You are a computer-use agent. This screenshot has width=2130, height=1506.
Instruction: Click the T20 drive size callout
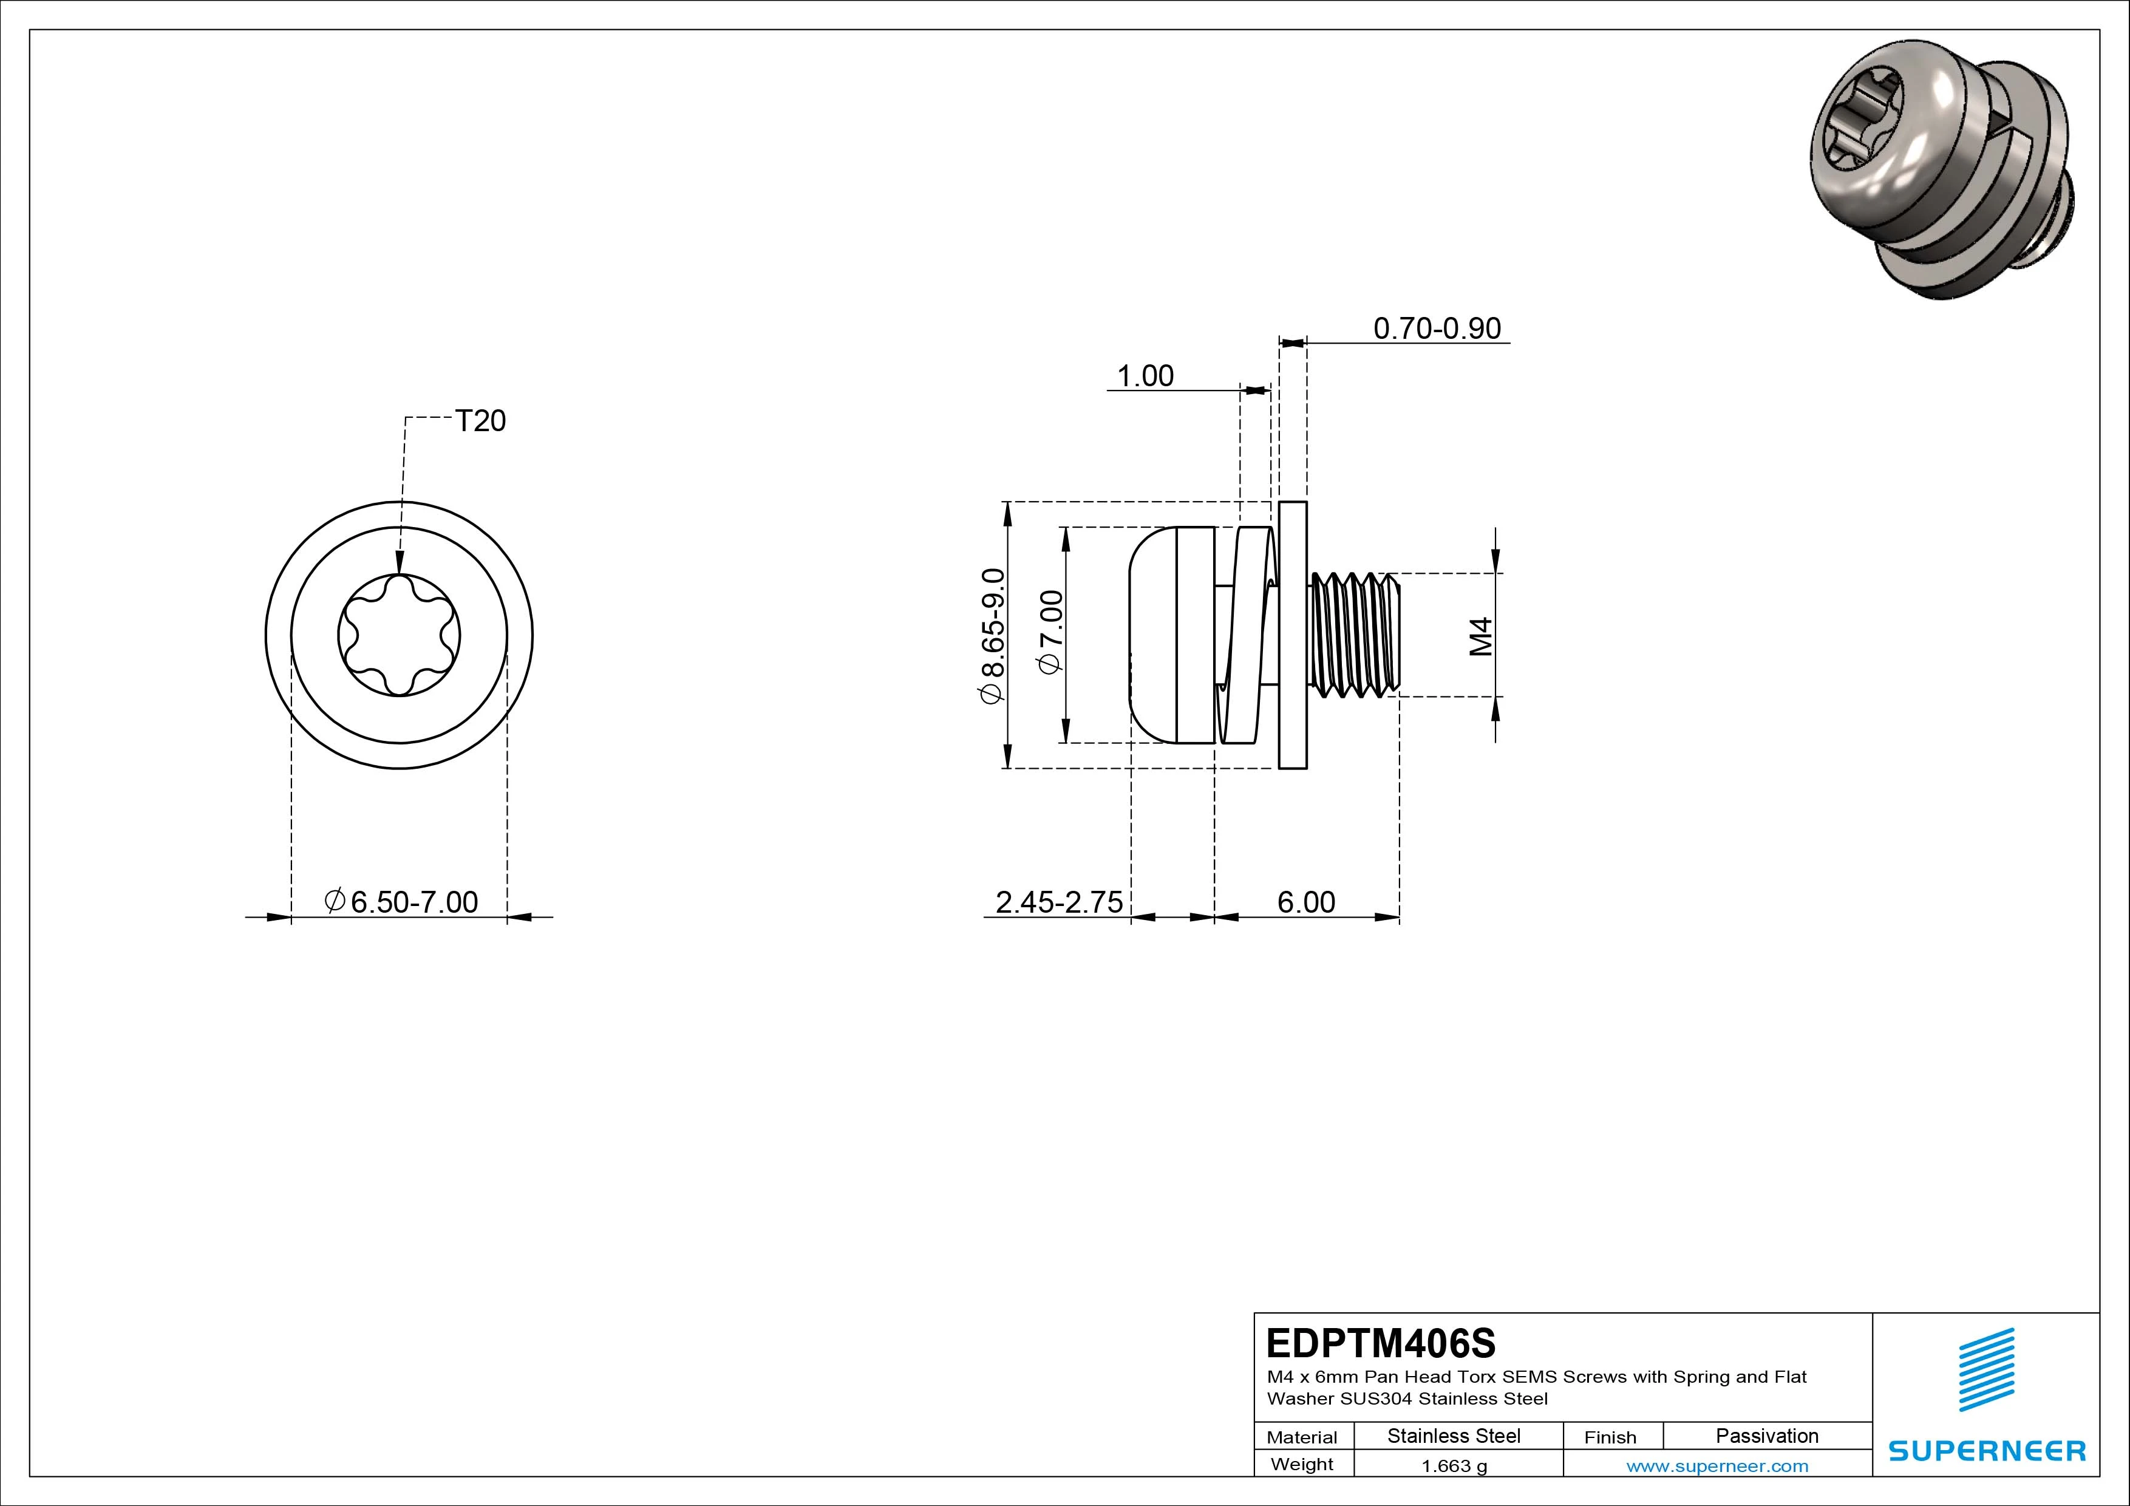(480, 421)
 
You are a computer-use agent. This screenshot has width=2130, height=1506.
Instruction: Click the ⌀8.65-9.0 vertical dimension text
(992, 636)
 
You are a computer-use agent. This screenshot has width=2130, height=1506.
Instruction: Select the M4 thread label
(1482, 636)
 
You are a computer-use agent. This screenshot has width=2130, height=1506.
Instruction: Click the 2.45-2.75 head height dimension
(1058, 902)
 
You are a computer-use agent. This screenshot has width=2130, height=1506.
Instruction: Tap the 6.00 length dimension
(1306, 902)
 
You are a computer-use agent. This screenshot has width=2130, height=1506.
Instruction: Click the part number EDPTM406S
(1380, 1343)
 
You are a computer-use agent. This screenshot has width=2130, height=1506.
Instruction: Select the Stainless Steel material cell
(1453, 1436)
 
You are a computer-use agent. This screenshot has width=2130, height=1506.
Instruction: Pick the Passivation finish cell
(1766, 1436)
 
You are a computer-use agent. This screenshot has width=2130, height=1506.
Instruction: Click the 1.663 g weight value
(1454, 1466)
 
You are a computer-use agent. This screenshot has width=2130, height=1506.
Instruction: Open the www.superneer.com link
(1717, 1466)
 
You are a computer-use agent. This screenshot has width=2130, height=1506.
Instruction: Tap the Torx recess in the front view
(399, 636)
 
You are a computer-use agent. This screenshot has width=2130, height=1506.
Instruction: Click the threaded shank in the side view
(1355, 636)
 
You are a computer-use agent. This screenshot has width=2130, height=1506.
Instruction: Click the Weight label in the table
(1302, 1464)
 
